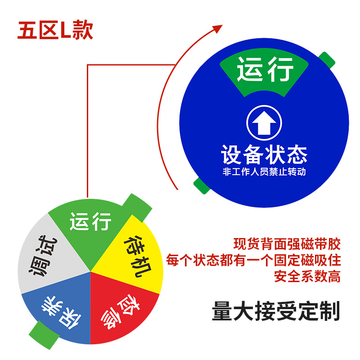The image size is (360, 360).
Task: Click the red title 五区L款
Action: coord(55,30)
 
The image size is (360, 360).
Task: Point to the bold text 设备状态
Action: coord(264,154)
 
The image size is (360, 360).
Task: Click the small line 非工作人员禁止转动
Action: coord(264,172)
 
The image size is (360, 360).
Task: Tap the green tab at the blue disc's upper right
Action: coord(328,59)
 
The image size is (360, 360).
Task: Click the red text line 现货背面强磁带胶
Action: coord(287,245)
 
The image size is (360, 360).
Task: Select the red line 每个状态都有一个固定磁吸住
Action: coord(253,261)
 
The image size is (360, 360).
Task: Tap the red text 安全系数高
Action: coord(307,276)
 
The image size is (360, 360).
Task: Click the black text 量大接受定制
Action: coord(275,310)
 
